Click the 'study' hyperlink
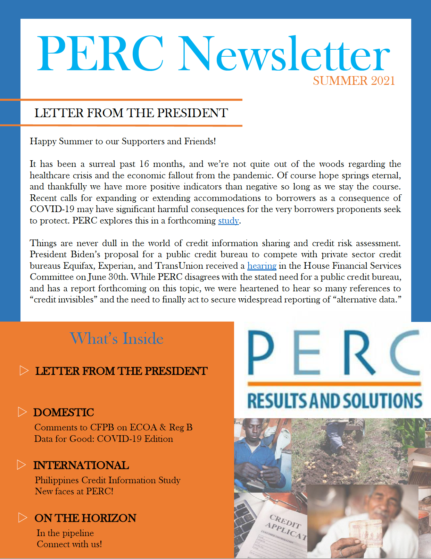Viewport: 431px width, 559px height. [229, 221]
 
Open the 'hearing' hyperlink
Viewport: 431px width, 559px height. [262, 266]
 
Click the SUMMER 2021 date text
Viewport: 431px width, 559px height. [354, 81]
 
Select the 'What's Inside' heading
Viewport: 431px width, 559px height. [117, 338]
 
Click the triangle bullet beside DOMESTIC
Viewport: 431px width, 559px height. [22, 412]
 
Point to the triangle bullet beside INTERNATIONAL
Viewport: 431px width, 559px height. [22, 465]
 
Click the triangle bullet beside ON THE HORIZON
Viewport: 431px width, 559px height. [23, 518]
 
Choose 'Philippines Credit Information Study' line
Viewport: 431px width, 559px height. [108, 480]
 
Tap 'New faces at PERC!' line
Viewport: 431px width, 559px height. [74, 491]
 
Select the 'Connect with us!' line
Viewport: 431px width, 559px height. [69, 544]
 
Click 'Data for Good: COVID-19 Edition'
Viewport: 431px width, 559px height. [103, 439]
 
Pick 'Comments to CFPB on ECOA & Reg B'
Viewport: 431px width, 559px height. [113, 427]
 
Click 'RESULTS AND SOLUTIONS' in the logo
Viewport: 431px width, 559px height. [334, 401]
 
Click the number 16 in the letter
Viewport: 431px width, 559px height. [144, 164]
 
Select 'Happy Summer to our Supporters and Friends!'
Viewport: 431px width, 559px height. [123, 141]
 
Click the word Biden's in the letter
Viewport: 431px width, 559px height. [85, 254]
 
